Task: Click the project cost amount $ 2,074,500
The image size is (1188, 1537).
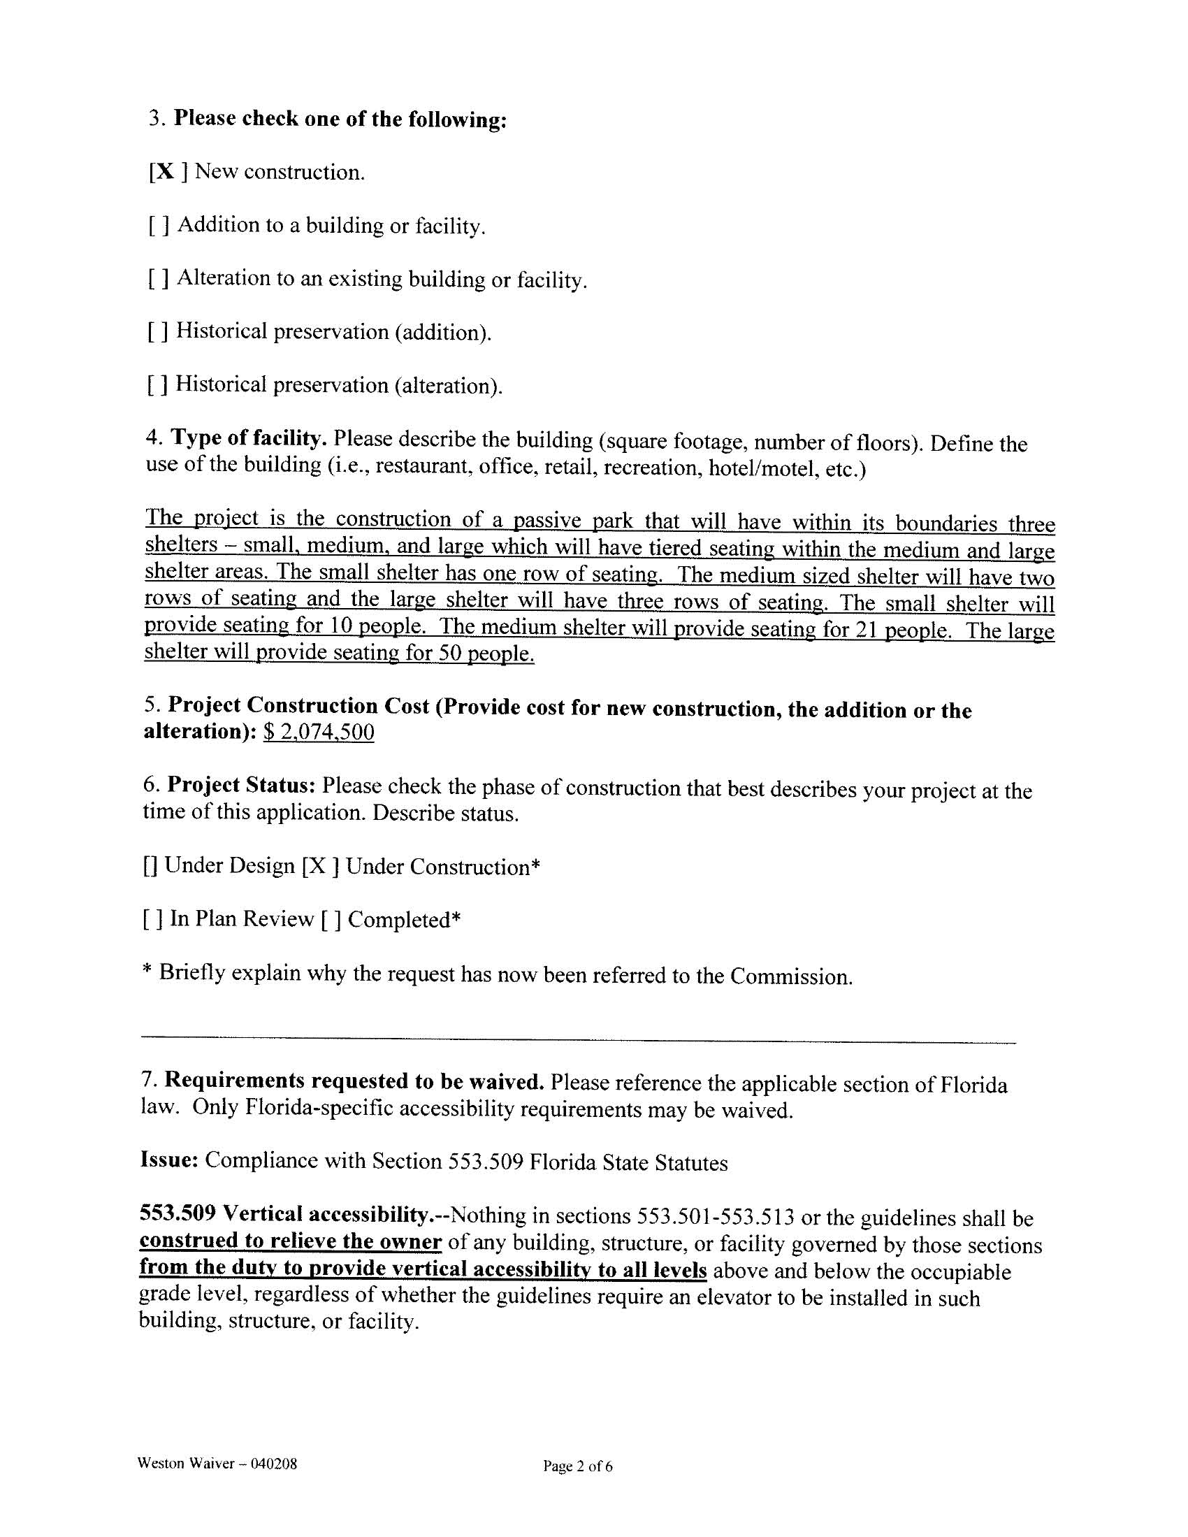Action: click(318, 733)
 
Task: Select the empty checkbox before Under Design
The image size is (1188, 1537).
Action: click(150, 866)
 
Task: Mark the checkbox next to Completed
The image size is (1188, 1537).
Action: click(331, 920)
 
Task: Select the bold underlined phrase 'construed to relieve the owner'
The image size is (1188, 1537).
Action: click(291, 1241)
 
